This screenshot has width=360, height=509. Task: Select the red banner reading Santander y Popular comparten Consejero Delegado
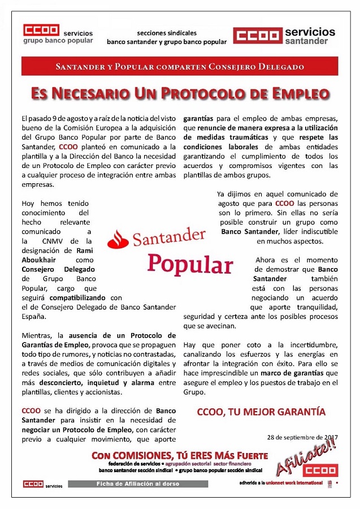(x=180, y=67)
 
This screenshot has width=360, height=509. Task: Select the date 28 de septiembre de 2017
(x=302, y=437)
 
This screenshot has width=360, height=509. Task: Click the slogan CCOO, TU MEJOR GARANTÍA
(x=261, y=412)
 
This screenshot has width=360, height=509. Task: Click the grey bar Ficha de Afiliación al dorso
(x=138, y=484)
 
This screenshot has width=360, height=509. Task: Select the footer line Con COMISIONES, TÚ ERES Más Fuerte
(x=180, y=455)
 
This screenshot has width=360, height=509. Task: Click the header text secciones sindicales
(x=167, y=32)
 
